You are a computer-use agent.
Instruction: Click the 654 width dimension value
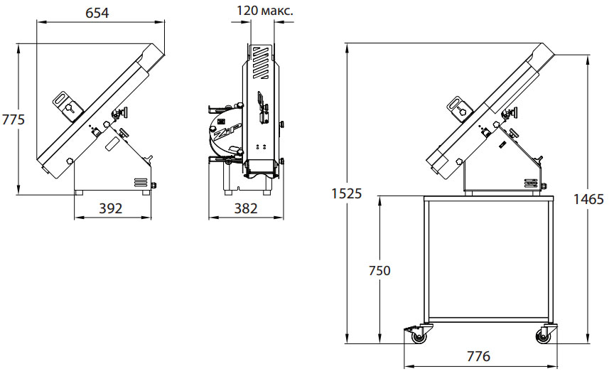click(x=97, y=13)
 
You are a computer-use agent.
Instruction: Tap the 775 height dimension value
click(x=13, y=119)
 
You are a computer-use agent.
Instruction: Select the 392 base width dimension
click(x=110, y=208)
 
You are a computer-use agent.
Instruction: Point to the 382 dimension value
click(x=245, y=208)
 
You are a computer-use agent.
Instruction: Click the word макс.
click(x=277, y=11)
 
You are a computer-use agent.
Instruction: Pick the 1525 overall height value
click(x=347, y=193)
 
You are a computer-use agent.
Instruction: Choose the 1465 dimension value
click(x=588, y=199)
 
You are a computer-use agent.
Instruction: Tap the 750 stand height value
click(x=379, y=270)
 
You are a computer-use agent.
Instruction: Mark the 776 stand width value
click(x=478, y=356)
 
